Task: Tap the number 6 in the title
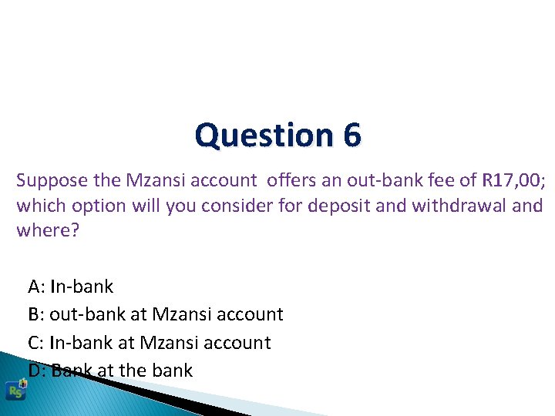pos(351,136)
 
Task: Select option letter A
pos(35,287)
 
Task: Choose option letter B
pos(35,315)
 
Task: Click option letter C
pos(35,343)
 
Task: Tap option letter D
pos(35,371)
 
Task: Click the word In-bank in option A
pos(81,287)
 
